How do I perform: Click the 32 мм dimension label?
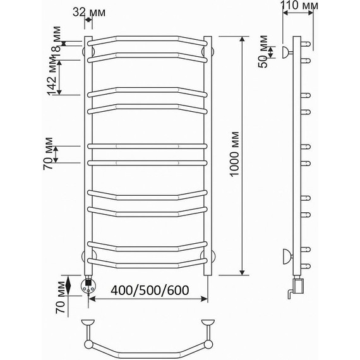[x=89, y=12]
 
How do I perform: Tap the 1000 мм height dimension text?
[x=234, y=154]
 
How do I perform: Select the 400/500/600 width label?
[x=150, y=290]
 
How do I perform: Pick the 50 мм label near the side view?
[x=263, y=51]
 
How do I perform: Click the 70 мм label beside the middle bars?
[x=48, y=153]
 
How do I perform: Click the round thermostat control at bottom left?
[x=88, y=287]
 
